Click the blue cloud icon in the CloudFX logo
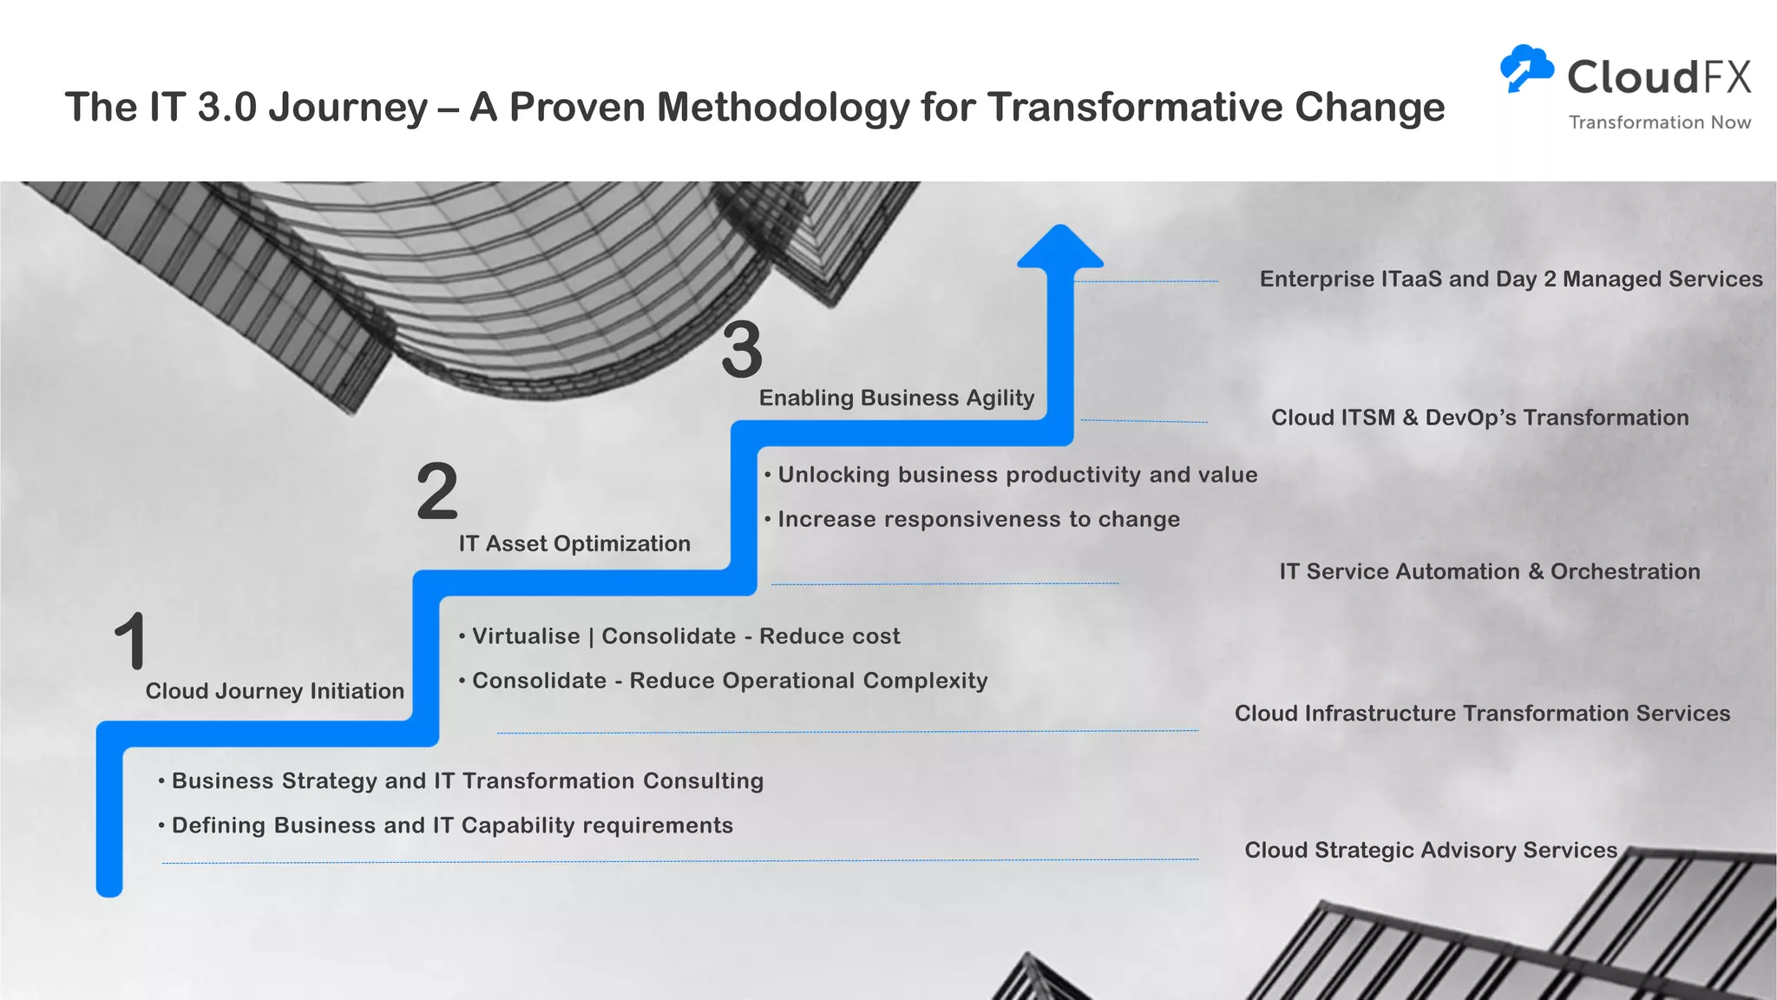(x=1526, y=68)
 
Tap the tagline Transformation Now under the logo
(x=1659, y=122)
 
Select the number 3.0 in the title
(x=227, y=108)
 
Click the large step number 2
(x=436, y=490)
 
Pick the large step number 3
(x=742, y=350)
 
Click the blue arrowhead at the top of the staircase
(x=1059, y=248)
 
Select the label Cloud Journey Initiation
(x=274, y=691)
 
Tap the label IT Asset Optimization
(x=574, y=543)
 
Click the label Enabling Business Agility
(x=896, y=398)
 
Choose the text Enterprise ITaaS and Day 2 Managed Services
(x=1511, y=279)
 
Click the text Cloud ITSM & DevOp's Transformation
(x=1479, y=418)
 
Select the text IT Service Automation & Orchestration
(x=1489, y=571)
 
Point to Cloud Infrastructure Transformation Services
(x=1482, y=714)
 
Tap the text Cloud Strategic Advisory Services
(x=1431, y=850)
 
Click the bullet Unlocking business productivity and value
(x=1017, y=475)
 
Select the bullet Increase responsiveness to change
(x=978, y=519)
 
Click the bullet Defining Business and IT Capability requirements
(x=451, y=826)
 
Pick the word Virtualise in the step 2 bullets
(x=526, y=636)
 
